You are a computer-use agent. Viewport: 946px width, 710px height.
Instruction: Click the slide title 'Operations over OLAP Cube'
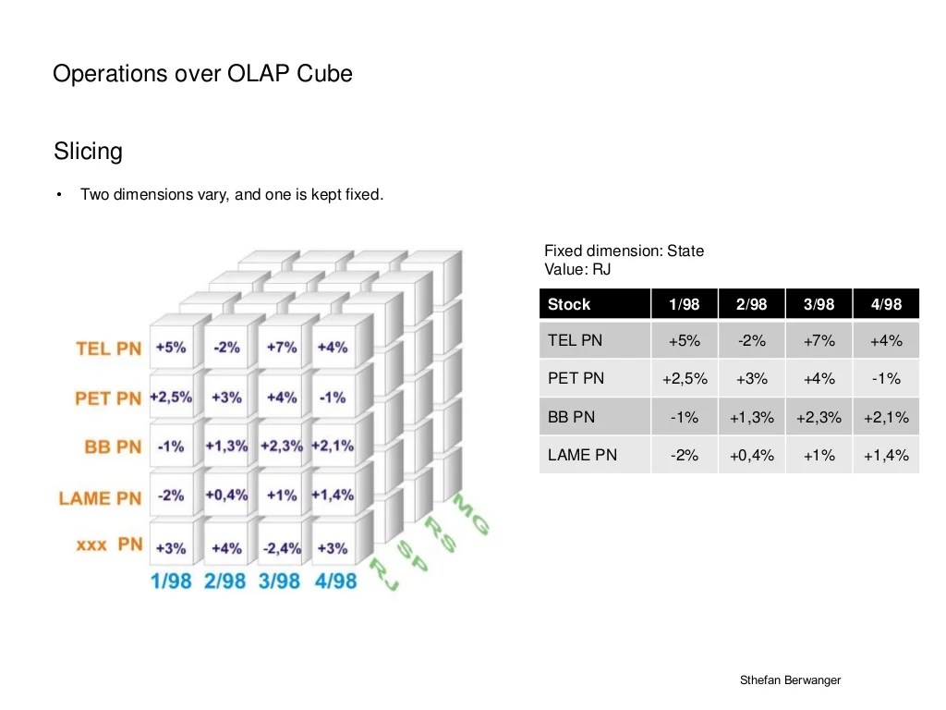pyautogui.click(x=202, y=74)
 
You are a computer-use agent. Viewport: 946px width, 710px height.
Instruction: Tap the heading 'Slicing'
pyautogui.click(x=88, y=151)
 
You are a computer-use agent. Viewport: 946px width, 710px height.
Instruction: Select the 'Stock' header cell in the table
pyautogui.click(x=569, y=304)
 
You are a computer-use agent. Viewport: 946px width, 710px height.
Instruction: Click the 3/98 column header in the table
pyautogui.click(x=819, y=304)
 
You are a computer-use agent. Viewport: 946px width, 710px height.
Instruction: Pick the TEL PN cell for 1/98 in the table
pyautogui.click(x=684, y=341)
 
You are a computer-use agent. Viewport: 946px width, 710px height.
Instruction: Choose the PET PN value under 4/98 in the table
pyautogui.click(x=885, y=379)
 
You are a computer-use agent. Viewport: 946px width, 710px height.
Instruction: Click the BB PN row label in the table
pyautogui.click(x=572, y=417)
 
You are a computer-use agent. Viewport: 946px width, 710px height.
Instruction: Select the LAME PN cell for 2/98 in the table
pyautogui.click(x=751, y=455)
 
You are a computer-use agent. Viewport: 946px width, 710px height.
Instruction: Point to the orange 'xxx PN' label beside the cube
pyautogui.click(x=109, y=545)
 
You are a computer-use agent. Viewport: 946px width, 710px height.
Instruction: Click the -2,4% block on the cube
pyautogui.click(x=282, y=548)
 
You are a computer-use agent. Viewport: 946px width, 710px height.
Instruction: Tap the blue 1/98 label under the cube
pyautogui.click(x=170, y=581)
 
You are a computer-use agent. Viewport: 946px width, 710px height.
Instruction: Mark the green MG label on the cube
pyautogui.click(x=471, y=514)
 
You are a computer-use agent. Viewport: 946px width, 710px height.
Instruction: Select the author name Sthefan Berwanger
pyautogui.click(x=790, y=680)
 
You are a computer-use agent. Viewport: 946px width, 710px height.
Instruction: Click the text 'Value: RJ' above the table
pyautogui.click(x=577, y=270)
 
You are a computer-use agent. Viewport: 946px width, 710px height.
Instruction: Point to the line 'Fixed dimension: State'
pyautogui.click(x=624, y=251)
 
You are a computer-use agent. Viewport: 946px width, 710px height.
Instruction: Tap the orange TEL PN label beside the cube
pyautogui.click(x=108, y=349)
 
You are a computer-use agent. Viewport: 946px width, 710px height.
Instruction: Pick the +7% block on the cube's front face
pyautogui.click(x=282, y=348)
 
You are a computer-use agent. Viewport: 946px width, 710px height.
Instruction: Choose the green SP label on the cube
pyautogui.click(x=413, y=557)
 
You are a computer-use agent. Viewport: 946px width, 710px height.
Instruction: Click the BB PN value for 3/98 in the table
pyautogui.click(x=819, y=417)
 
